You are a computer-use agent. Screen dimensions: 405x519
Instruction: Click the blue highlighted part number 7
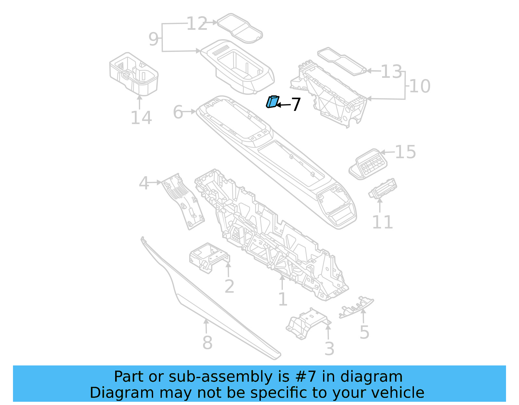272,102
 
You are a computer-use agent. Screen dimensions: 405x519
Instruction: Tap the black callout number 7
296,105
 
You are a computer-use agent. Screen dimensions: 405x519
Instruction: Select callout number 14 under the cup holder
141,118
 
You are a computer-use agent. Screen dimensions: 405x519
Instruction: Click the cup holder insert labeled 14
134,74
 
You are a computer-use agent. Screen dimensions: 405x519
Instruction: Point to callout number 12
197,24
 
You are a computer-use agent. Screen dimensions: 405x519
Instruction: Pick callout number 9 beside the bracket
153,39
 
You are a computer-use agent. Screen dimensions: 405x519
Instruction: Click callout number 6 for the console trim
178,112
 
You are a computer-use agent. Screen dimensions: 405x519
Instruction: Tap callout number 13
391,72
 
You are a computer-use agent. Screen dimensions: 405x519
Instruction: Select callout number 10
420,86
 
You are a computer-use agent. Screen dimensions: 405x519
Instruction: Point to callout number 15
405,152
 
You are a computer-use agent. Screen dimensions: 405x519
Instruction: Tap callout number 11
382,222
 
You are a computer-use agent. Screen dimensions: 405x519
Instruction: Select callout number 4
144,183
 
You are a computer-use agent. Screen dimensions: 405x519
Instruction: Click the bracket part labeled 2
208,257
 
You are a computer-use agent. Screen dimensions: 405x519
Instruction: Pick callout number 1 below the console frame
283,299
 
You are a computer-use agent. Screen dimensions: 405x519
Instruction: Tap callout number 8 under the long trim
207,342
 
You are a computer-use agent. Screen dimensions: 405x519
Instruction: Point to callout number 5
364,332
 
